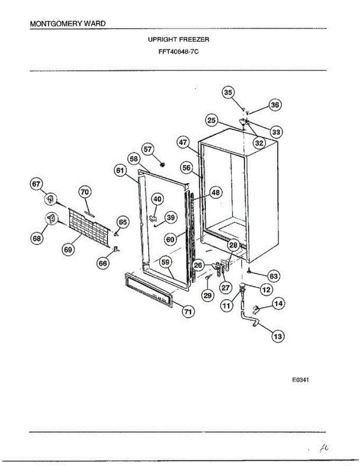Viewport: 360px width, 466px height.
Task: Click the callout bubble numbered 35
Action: pos(228,92)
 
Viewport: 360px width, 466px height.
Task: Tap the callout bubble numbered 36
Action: pos(275,104)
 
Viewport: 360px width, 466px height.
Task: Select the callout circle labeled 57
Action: pos(148,149)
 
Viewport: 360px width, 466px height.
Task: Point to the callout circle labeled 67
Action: pos(37,184)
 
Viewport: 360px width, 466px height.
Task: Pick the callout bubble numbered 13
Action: pos(278,336)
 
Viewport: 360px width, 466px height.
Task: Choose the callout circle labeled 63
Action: pos(274,276)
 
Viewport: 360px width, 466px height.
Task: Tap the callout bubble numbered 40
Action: pos(157,199)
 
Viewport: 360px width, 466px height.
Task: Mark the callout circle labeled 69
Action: pos(68,250)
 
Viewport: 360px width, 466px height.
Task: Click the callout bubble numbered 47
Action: pos(184,142)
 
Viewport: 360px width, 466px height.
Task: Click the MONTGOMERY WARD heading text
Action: pos(68,24)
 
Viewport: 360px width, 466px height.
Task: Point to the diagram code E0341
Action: pos(300,380)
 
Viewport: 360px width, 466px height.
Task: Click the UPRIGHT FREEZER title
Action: pos(178,40)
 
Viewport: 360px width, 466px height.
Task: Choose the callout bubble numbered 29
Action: pos(208,296)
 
